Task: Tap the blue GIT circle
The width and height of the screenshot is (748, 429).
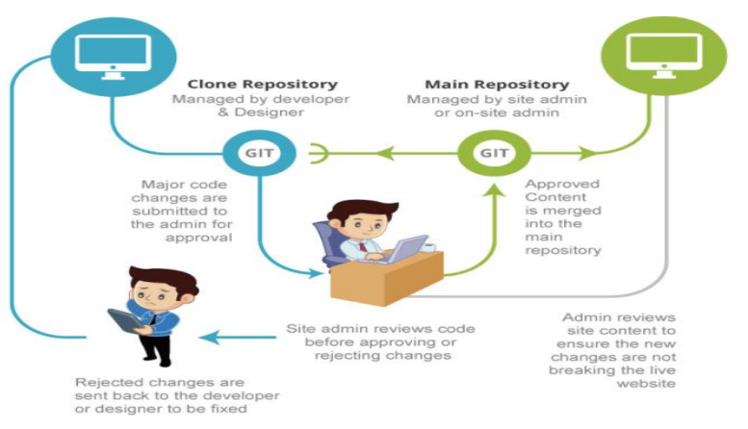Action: pos(251,153)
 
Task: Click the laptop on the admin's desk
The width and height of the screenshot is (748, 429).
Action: pos(401,248)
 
